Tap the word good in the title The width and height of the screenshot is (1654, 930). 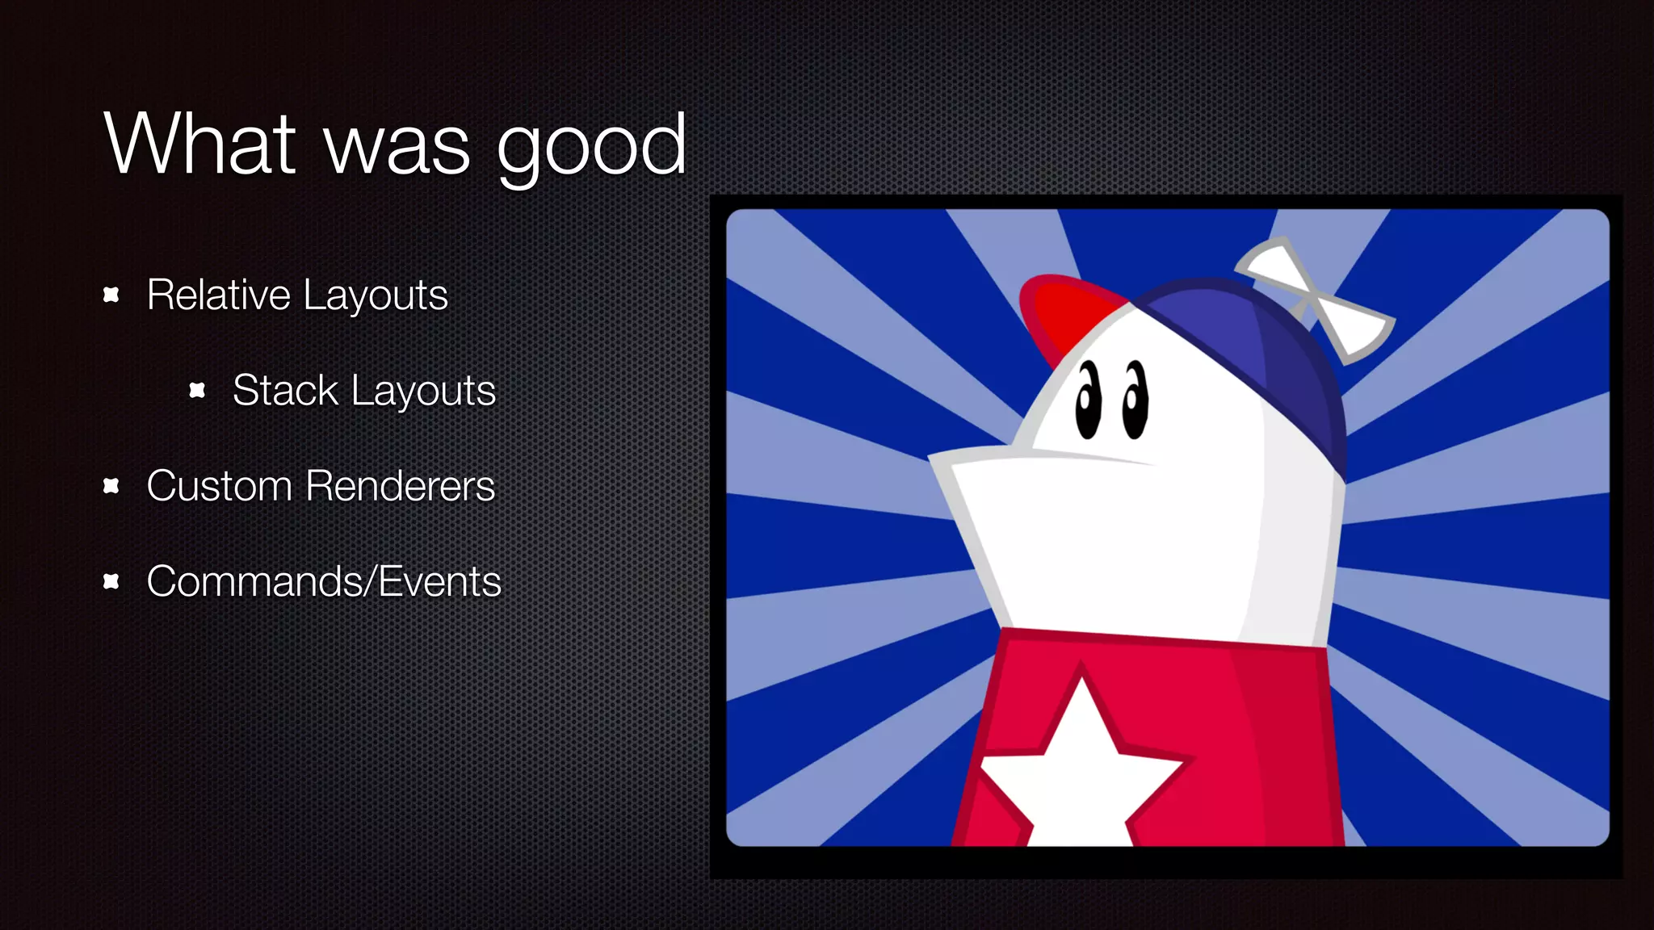click(x=591, y=147)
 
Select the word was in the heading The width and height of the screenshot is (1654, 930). click(x=396, y=147)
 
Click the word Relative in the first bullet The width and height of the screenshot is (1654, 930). click(x=218, y=294)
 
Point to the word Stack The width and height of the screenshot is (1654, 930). click(x=284, y=390)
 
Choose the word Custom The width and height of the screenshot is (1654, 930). click(x=219, y=486)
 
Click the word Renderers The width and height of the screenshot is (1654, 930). click(x=401, y=486)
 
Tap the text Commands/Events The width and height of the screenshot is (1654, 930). click(x=324, y=581)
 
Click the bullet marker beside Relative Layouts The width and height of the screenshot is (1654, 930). click(x=111, y=295)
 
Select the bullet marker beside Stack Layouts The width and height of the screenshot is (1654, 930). click(x=197, y=391)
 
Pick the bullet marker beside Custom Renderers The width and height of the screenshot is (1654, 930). click(x=111, y=486)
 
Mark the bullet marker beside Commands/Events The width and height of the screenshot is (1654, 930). click(x=111, y=581)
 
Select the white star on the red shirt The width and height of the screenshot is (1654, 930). click(x=1078, y=767)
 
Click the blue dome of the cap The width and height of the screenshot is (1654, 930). click(x=1260, y=355)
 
